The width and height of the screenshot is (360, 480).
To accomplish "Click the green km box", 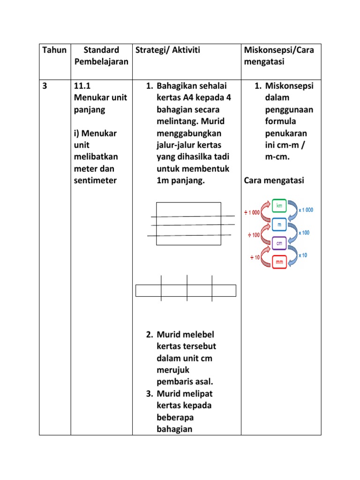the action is (x=279, y=206).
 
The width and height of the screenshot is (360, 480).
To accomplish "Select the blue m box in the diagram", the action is (x=279, y=225).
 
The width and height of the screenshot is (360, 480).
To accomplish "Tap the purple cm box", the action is (x=279, y=243).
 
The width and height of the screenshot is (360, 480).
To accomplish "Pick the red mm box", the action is (x=279, y=262).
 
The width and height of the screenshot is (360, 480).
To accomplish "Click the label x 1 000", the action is (x=306, y=210).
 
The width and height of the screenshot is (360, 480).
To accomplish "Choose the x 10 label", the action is (x=303, y=255).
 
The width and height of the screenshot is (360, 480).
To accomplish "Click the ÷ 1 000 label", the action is (x=252, y=212).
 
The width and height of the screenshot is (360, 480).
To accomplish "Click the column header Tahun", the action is (x=54, y=50).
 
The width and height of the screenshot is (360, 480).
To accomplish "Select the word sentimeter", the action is (x=95, y=180).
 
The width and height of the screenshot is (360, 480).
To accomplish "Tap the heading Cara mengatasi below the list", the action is (x=274, y=180).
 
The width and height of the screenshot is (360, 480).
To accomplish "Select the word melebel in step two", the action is (x=198, y=335).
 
